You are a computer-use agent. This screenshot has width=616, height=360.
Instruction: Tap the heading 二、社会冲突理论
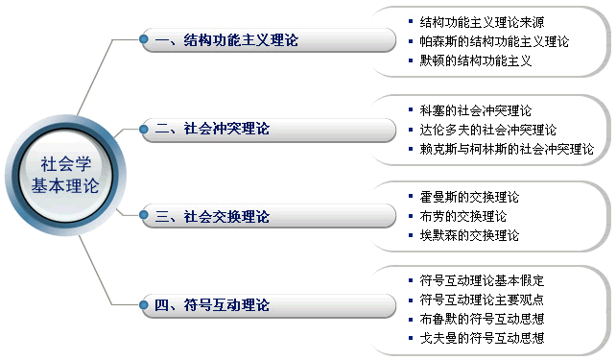(x=212, y=128)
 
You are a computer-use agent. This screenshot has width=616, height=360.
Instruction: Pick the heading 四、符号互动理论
(x=212, y=305)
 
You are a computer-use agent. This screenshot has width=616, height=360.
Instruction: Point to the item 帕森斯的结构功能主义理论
(x=494, y=41)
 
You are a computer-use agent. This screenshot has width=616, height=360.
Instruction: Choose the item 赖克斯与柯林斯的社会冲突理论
(x=507, y=149)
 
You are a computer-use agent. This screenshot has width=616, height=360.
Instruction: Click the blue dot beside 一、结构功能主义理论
(x=143, y=39)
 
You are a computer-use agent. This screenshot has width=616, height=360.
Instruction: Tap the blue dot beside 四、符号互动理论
(x=143, y=305)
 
